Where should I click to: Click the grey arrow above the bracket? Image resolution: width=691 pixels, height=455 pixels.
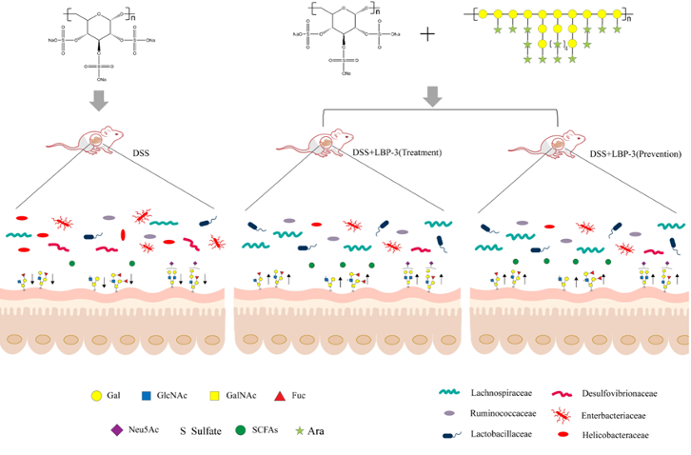pos(433,96)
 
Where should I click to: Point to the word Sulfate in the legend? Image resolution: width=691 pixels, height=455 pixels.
pos(210,430)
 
